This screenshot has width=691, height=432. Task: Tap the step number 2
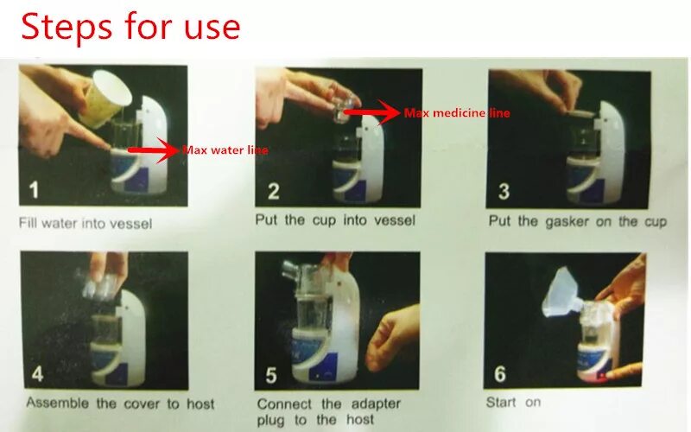point(273,191)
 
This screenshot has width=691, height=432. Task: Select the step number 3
point(504,191)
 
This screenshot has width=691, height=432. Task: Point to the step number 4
point(36,374)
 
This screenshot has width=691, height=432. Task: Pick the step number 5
point(271,374)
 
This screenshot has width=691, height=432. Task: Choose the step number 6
point(501,374)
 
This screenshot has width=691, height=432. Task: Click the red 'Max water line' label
point(225,150)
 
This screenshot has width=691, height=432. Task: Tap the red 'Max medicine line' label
point(457,113)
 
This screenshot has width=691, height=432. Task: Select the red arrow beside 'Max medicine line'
point(372,111)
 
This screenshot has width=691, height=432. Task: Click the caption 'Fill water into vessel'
point(86,223)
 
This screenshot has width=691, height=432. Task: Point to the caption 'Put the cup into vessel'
point(335,220)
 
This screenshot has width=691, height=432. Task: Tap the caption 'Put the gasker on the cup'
point(577,221)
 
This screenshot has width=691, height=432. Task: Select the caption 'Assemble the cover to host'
point(120,403)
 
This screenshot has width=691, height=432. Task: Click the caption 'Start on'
point(513,403)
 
